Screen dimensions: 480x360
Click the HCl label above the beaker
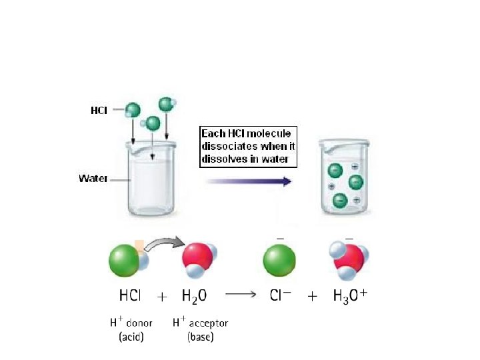point(99,110)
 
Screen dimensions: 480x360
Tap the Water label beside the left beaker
point(93,178)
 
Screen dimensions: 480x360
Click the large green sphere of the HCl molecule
point(124,259)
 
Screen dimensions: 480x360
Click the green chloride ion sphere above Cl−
point(281,260)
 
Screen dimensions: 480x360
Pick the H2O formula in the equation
point(194,296)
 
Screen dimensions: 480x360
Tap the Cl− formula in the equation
point(281,295)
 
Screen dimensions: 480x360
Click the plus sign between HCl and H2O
point(161,297)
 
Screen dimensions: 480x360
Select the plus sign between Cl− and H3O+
point(312,297)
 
